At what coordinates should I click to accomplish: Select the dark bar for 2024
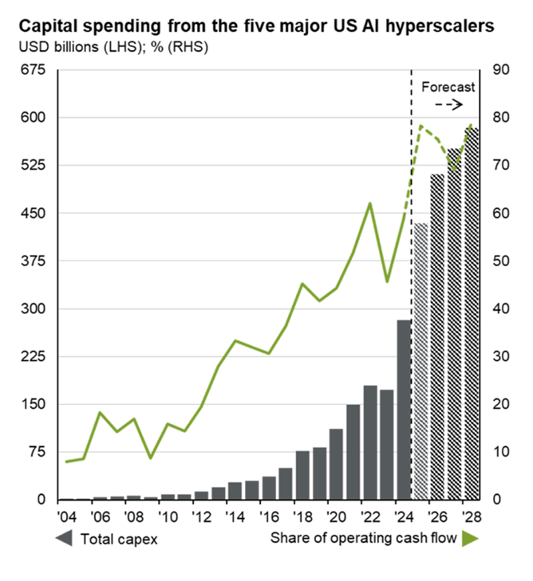[404, 410]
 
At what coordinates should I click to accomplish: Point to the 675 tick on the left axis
[34, 69]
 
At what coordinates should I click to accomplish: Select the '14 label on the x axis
[234, 516]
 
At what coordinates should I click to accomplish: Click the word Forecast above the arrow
[448, 87]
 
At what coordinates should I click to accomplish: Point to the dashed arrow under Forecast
[448, 104]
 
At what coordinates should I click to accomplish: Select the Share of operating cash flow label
[363, 539]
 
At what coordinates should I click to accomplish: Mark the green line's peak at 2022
[369, 203]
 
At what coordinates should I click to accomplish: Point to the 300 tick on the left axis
[34, 308]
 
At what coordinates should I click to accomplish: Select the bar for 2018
[302, 475]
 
